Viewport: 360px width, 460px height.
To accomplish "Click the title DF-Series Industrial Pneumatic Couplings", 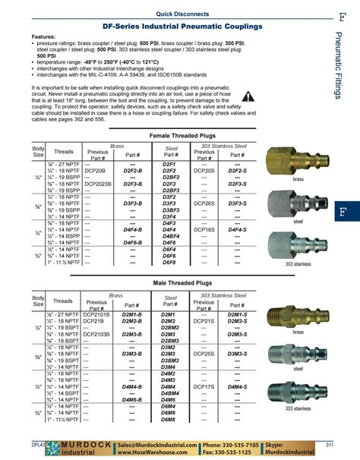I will [x=172, y=25].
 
